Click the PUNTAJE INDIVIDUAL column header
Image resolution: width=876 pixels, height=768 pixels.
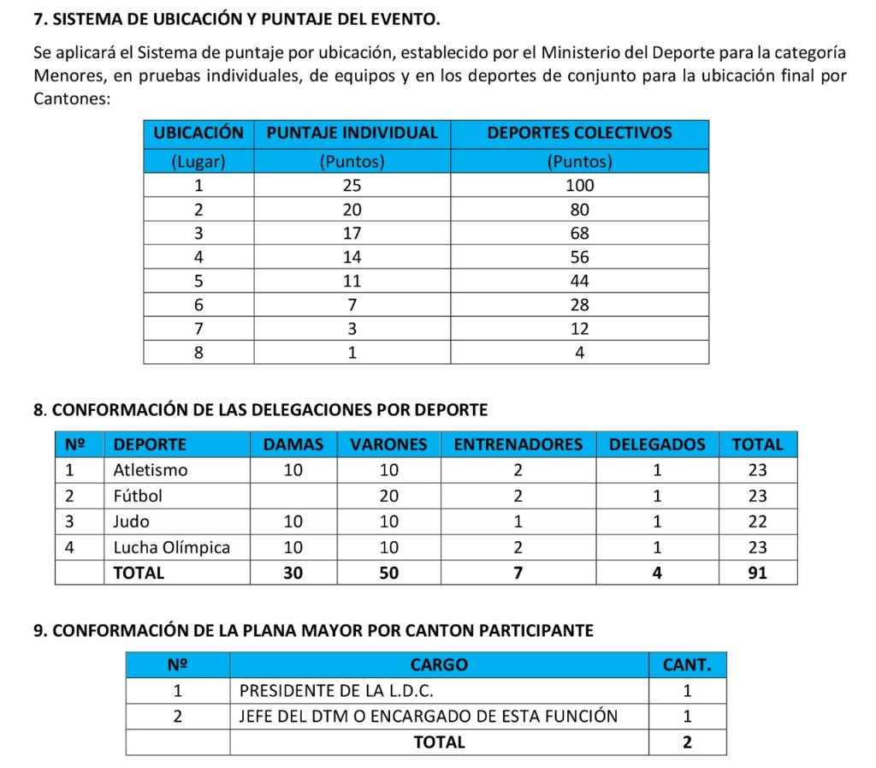point(352,134)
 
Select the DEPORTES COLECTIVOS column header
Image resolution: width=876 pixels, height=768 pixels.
point(579,134)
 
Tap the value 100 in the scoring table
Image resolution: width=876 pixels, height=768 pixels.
point(579,186)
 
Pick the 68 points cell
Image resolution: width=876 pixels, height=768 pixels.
point(579,233)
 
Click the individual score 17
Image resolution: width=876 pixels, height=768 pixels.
point(352,233)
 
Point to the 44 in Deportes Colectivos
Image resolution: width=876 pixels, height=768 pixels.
point(579,281)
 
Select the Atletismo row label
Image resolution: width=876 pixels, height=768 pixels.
point(151,470)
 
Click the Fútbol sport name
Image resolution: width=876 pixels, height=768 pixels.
point(138,496)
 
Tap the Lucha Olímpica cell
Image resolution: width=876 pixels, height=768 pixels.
point(171,547)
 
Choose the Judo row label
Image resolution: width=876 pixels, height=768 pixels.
point(131,521)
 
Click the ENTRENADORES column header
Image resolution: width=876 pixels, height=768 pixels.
point(518,444)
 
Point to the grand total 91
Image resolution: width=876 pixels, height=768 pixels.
point(757,573)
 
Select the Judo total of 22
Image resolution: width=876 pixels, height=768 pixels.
point(757,521)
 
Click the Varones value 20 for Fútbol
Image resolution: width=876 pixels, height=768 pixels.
point(388,496)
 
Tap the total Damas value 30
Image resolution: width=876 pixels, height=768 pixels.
point(293,573)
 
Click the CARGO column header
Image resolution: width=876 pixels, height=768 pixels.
point(439,664)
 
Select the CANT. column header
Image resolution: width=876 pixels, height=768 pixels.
point(687,664)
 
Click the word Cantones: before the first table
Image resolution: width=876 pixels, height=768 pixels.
point(72,98)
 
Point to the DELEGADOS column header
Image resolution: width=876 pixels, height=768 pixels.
point(657,444)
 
